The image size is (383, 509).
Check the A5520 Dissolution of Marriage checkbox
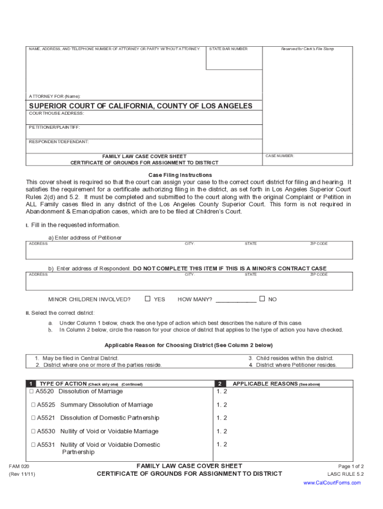click(x=33, y=392)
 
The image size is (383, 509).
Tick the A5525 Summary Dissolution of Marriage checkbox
click(x=33, y=405)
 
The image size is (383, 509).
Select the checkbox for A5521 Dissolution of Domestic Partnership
click(x=33, y=418)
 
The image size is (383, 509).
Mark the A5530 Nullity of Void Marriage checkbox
click(x=33, y=431)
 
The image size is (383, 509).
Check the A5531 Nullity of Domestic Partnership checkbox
click(x=33, y=445)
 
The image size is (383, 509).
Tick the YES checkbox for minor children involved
click(x=147, y=299)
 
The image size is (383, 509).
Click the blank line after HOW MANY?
click(x=236, y=300)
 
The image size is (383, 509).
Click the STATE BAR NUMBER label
click(x=228, y=49)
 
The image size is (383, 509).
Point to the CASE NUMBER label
click(x=280, y=156)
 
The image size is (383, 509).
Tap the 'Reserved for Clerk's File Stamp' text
click(x=307, y=49)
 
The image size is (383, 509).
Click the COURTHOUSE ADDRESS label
click(x=56, y=113)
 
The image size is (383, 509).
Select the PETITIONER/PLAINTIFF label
click(x=54, y=128)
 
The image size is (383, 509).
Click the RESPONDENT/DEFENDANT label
click(x=59, y=142)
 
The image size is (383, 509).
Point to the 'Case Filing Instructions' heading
click(x=180, y=175)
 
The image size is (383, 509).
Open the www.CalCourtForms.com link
click(x=332, y=483)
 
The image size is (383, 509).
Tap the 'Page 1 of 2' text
click(x=351, y=467)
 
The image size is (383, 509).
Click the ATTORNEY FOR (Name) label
click(x=54, y=96)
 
